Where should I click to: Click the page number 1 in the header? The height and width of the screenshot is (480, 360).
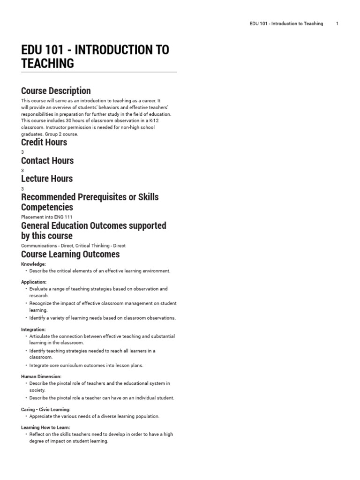337,23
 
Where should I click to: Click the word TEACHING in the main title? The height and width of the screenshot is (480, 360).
47,63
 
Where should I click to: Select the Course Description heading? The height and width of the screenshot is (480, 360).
56,90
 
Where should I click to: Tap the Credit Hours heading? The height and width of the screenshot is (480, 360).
44,142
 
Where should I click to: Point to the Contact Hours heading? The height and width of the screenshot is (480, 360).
47,160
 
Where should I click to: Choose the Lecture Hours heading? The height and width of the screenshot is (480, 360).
47,179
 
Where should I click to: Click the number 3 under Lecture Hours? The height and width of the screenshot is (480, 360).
22,188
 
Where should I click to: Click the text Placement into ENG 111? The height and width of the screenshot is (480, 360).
47,217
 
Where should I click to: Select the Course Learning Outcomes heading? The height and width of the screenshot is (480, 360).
70,254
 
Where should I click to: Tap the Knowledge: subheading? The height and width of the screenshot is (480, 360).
33,264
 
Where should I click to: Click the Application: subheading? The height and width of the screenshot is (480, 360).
34,282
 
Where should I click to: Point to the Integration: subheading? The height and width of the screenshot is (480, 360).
33,330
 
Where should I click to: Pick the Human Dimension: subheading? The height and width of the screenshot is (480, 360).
41,376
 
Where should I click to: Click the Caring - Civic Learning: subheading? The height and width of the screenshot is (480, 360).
45,409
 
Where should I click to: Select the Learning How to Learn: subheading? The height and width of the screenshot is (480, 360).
45,427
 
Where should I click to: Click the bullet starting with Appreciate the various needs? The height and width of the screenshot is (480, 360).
94,416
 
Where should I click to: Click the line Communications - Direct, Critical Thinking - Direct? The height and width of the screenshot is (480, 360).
73,245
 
